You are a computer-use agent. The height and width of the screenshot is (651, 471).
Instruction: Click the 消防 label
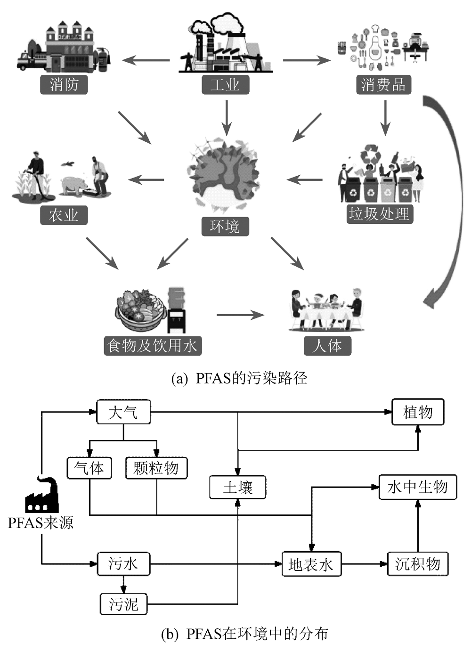[64, 85]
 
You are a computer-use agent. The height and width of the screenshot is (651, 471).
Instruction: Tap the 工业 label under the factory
[225, 85]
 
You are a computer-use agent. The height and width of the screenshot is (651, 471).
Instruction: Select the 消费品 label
[383, 85]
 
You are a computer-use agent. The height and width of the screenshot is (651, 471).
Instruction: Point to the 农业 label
[64, 215]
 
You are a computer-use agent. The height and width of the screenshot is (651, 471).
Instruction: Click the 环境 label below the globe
[225, 227]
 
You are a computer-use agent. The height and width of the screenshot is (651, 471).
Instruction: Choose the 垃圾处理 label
[379, 214]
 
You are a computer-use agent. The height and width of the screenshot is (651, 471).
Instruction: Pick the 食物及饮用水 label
[153, 346]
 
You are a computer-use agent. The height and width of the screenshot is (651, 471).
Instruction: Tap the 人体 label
[327, 346]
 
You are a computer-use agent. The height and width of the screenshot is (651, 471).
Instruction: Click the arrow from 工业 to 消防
[146, 60]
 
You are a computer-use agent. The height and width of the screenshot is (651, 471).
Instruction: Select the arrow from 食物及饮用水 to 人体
[240, 315]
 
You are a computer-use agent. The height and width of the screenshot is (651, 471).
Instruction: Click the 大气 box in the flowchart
[123, 413]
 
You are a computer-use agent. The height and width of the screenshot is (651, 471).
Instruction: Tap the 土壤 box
[238, 487]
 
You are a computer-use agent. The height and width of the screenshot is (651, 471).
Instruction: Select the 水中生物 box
[418, 487]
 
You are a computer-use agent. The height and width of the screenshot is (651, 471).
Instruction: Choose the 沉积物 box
[418, 564]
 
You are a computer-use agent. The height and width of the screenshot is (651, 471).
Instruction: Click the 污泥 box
[124, 604]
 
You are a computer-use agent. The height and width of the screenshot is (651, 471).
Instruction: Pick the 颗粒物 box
[156, 468]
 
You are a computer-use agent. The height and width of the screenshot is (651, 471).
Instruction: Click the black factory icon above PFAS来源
[42, 495]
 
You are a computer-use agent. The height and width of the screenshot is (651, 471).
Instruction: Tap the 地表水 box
[311, 564]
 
